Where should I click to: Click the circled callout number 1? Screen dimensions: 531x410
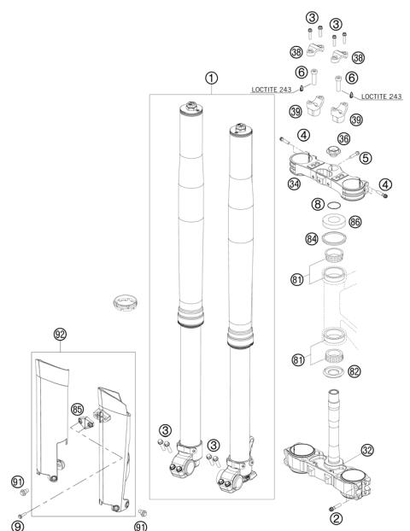[x=211, y=79]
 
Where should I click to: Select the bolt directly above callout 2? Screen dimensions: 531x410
[x=337, y=493]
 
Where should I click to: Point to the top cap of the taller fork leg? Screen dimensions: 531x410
[x=190, y=108]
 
